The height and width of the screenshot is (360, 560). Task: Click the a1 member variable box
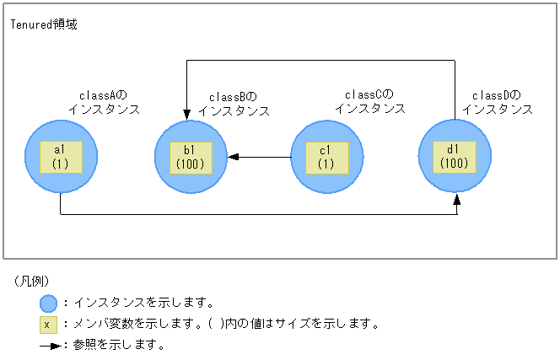[61, 156]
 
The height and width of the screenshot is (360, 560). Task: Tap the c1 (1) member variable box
[326, 156]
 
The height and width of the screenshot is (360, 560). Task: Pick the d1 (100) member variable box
[455, 156]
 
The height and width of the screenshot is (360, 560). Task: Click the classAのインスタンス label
[104, 102]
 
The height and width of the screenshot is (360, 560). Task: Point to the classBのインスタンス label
[234, 104]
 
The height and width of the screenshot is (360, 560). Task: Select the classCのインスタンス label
[369, 101]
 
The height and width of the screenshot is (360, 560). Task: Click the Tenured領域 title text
[44, 24]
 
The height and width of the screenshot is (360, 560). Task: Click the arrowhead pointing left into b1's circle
[232, 157]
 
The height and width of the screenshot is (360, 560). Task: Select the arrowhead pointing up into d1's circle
[456, 199]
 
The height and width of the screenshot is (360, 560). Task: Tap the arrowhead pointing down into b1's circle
[186, 116]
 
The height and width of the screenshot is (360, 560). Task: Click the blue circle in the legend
[48, 304]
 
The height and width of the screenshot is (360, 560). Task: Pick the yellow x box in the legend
[48, 324]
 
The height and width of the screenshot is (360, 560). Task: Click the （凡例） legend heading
[34, 281]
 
